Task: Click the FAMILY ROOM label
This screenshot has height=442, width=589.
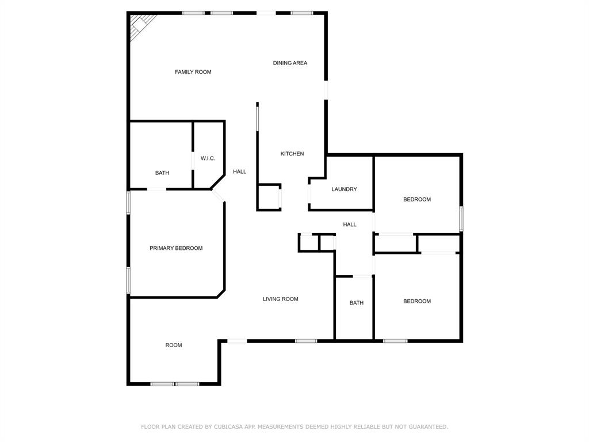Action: point(193,72)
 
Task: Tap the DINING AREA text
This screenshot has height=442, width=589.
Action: point(290,63)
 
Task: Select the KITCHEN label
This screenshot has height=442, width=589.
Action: point(292,154)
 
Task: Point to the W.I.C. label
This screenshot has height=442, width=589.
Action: point(208,158)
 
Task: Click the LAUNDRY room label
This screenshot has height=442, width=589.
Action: point(344,189)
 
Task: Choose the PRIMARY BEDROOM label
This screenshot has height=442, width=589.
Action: point(176,248)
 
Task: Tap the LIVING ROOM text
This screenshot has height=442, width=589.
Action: point(281,299)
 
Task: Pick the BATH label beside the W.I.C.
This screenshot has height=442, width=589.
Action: point(162,173)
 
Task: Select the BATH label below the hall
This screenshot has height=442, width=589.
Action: point(357,303)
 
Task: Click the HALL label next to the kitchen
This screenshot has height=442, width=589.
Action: point(240,172)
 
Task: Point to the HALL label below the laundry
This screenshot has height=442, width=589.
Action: point(350,224)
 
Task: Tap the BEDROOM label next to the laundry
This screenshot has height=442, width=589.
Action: point(417,199)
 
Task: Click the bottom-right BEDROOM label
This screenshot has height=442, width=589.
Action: point(417,301)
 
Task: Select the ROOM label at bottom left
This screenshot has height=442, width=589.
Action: point(174,345)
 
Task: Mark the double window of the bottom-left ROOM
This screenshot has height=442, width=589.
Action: point(175,383)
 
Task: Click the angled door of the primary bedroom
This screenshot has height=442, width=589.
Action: point(218,196)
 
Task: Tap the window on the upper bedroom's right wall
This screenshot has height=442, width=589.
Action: point(461,219)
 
